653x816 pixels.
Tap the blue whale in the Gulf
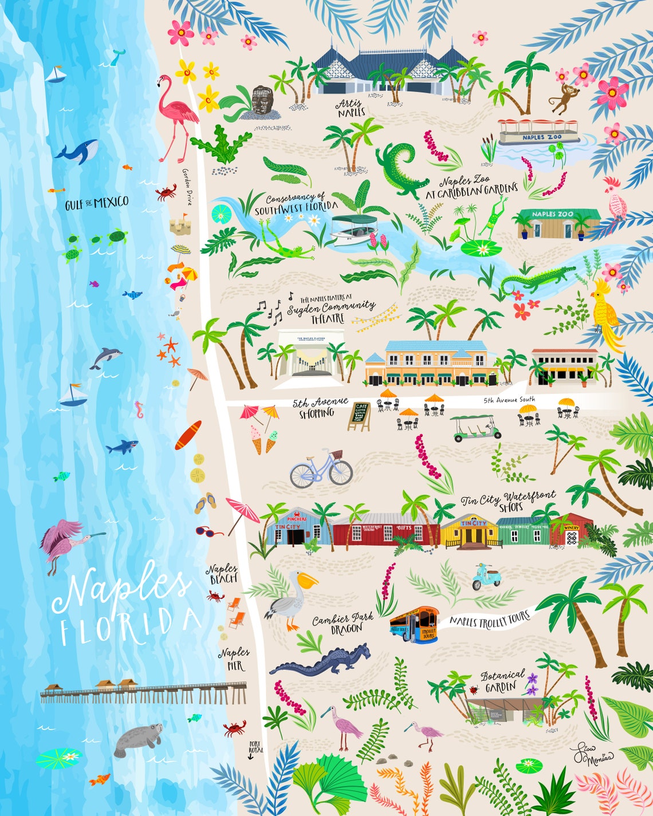coord(77,152)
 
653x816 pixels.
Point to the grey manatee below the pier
coord(137,738)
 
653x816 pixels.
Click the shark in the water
coord(123,446)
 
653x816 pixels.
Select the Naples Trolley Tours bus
coord(414,624)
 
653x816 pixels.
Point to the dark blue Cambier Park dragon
coord(324,661)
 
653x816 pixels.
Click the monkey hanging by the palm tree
coord(564,97)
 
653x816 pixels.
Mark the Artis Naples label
coord(350,107)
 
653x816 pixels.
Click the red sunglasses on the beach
coord(209,532)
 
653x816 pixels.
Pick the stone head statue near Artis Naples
coord(262,101)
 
